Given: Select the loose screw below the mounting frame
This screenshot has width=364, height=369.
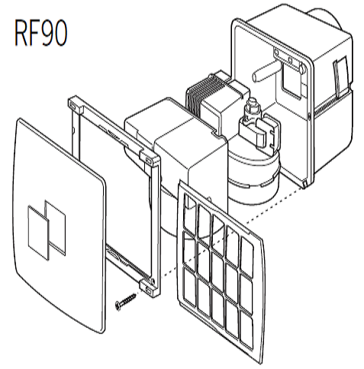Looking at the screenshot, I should (126, 301).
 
